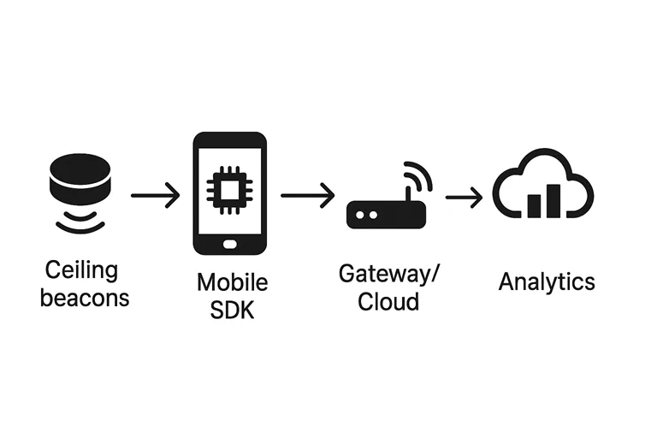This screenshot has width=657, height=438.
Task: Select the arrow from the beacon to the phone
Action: pyautogui.click(x=155, y=196)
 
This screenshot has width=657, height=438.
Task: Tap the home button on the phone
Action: pyautogui.click(x=228, y=245)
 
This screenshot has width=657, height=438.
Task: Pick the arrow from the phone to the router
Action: pyautogui.click(x=307, y=196)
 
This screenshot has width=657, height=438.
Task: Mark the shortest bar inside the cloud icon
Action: pyautogui.click(x=535, y=205)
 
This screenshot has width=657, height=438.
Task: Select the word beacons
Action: pyautogui.click(x=85, y=298)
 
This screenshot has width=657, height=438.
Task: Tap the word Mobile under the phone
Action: pyautogui.click(x=232, y=282)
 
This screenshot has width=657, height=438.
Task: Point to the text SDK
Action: pyautogui.click(x=232, y=310)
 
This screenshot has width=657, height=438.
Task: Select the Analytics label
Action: pyautogui.click(x=547, y=281)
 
